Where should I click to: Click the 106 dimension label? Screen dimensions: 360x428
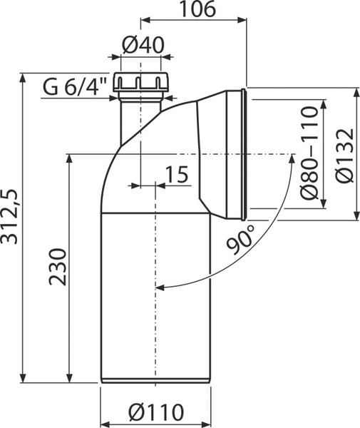(197, 9)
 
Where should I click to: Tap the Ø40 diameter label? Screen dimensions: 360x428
(143, 45)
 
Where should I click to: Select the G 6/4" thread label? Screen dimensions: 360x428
(75, 86)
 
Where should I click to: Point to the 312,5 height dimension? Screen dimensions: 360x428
(9, 216)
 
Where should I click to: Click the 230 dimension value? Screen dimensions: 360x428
(58, 267)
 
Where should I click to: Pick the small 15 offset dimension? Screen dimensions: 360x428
(177, 174)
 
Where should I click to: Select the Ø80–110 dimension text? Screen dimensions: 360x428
(310, 153)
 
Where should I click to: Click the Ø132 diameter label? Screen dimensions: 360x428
(345, 156)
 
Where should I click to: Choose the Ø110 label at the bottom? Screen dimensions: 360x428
(156, 412)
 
